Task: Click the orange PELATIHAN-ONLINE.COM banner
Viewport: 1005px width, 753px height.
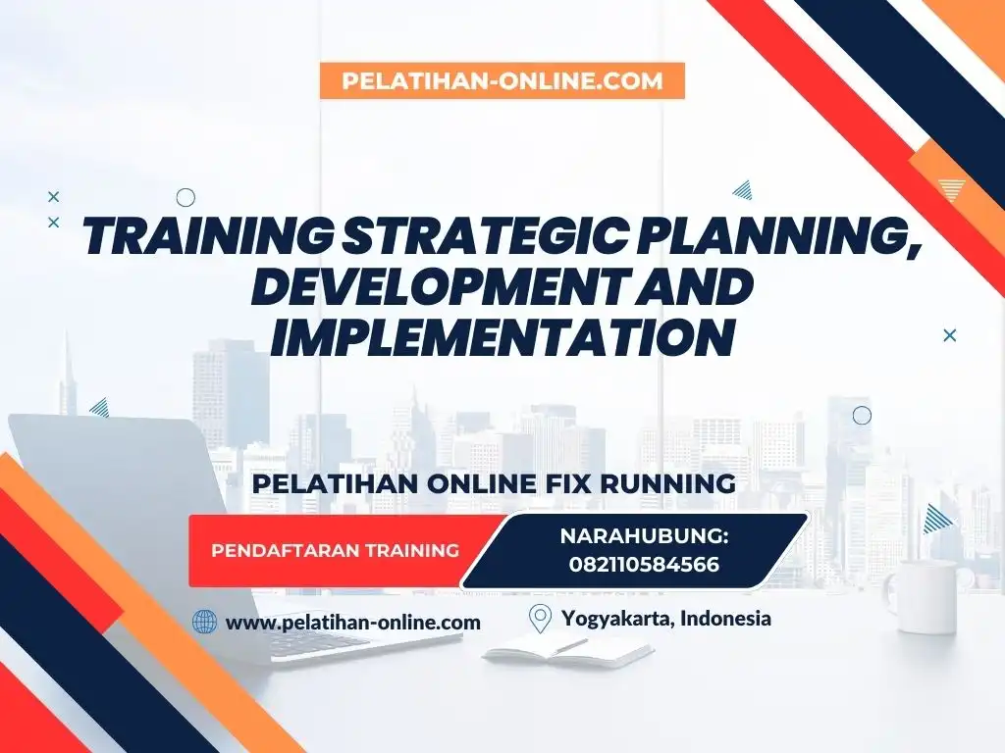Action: tap(502, 81)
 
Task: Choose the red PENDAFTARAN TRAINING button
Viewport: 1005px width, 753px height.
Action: tap(336, 550)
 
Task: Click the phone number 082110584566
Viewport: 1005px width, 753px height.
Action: tap(643, 565)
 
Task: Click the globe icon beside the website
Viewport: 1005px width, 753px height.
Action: tap(204, 622)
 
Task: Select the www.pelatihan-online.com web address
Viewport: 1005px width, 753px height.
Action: tap(353, 622)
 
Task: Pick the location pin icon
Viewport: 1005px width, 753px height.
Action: tap(540, 619)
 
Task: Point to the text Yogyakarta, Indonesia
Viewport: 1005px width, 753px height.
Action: tap(666, 619)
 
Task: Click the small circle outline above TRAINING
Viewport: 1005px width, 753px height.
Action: tap(185, 197)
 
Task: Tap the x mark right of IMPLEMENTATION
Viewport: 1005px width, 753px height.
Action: tap(949, 335)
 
